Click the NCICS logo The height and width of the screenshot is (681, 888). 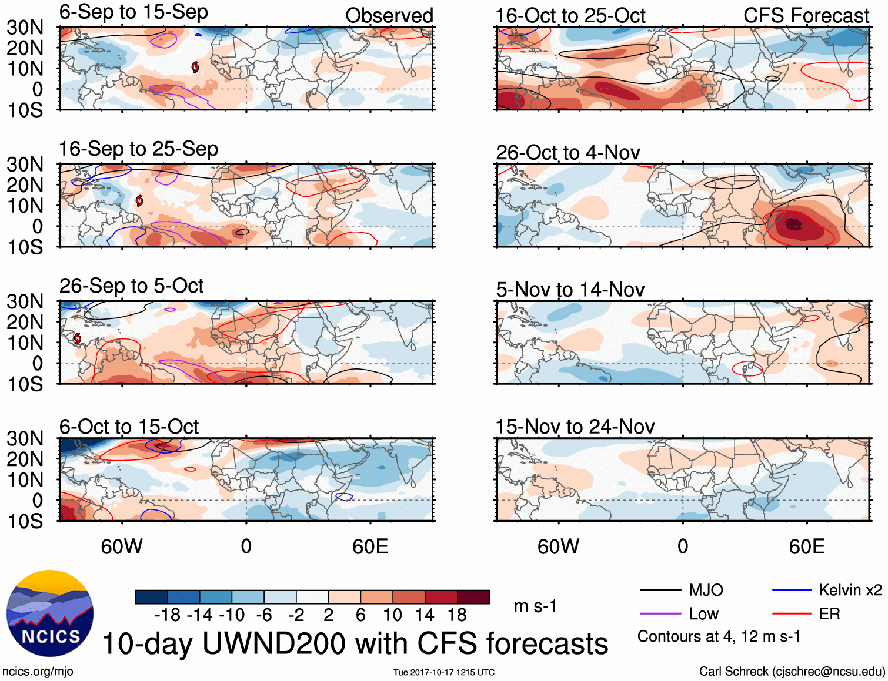[x=50, y=613]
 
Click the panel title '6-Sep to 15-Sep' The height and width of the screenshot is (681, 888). [x=133, y=12]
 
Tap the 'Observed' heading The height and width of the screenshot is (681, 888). [x=389, y=15]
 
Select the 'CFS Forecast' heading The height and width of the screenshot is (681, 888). [x=806, y=15]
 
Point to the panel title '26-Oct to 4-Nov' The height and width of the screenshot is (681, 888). [x=567, y=153]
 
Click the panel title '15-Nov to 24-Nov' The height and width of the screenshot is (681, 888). [x=575, y=427]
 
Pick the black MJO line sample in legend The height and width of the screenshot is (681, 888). [x=660, y=590]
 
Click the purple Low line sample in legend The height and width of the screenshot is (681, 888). [x=660, y=614]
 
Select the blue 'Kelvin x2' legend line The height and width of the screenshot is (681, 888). [x=792, y=590]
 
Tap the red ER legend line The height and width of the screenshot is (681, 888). [x=792, y=614]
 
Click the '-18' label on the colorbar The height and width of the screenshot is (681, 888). [x=168, y=615]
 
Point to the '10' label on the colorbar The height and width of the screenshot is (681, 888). [x=392, y=615]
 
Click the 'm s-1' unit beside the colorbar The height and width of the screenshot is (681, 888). [x=535, y=606]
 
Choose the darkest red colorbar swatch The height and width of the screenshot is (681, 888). [x=473, y=597]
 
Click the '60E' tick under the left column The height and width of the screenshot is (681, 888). [x=370, y=546]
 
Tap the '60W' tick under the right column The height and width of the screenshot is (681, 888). [x=558, y=546]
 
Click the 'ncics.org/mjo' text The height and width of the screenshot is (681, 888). [x=38, y=671]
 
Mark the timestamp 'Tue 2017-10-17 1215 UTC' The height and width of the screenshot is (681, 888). [x=444, y=672]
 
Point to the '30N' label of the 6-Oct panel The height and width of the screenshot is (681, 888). [x=25, y=438]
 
